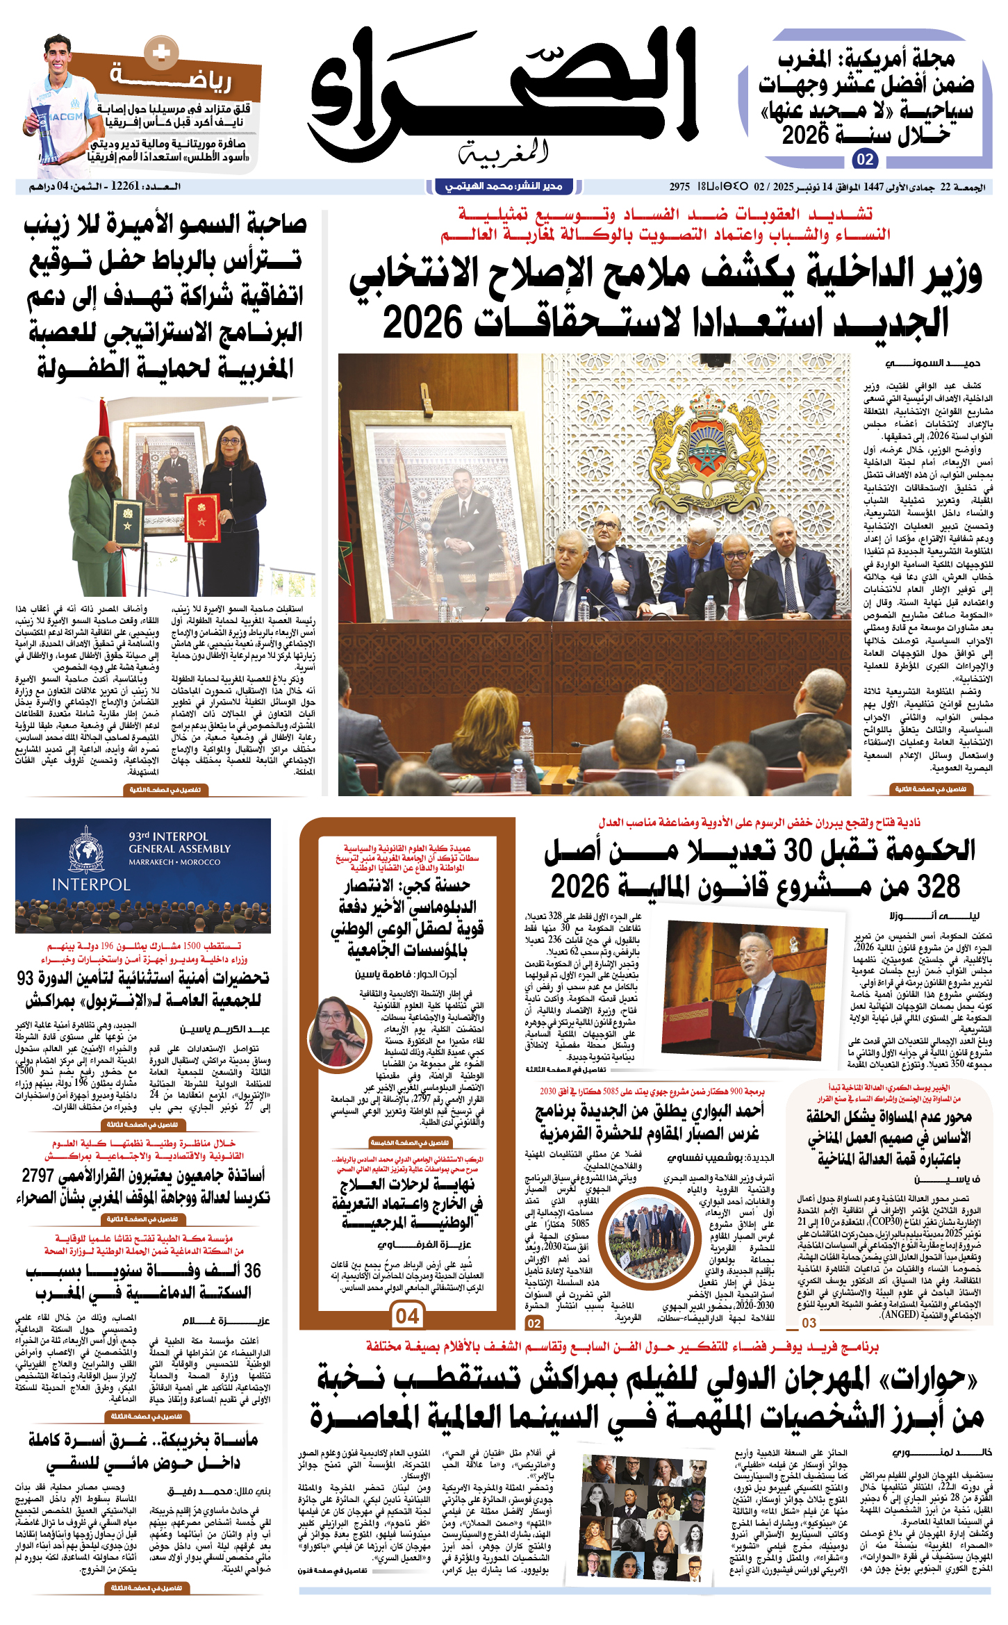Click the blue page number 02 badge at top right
click(x=865, y=160)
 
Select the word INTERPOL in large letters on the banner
click(x=91, y=884)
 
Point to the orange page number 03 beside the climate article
click(x=809, y=1322)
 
